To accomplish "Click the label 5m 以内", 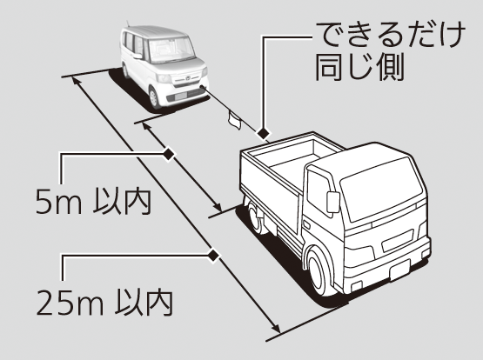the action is coord(93,202).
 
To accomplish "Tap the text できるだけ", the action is coord(390,35).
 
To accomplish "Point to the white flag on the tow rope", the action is coord(235,120).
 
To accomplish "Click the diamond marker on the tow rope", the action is coord(263,134).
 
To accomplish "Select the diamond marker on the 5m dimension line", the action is coord(168,154).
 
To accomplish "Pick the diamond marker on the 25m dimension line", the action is coord(213,255).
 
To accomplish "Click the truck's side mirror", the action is coord(332,202).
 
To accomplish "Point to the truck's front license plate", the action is coord(400,270).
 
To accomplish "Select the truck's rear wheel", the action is coord(256,218).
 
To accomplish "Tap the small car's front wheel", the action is coord(154,97).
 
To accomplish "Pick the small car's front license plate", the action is coord(182,96).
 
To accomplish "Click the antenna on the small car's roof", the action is coord(128,24).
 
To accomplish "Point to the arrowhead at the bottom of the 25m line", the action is coord(276,328).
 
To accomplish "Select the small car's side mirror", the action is coord(138,56).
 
